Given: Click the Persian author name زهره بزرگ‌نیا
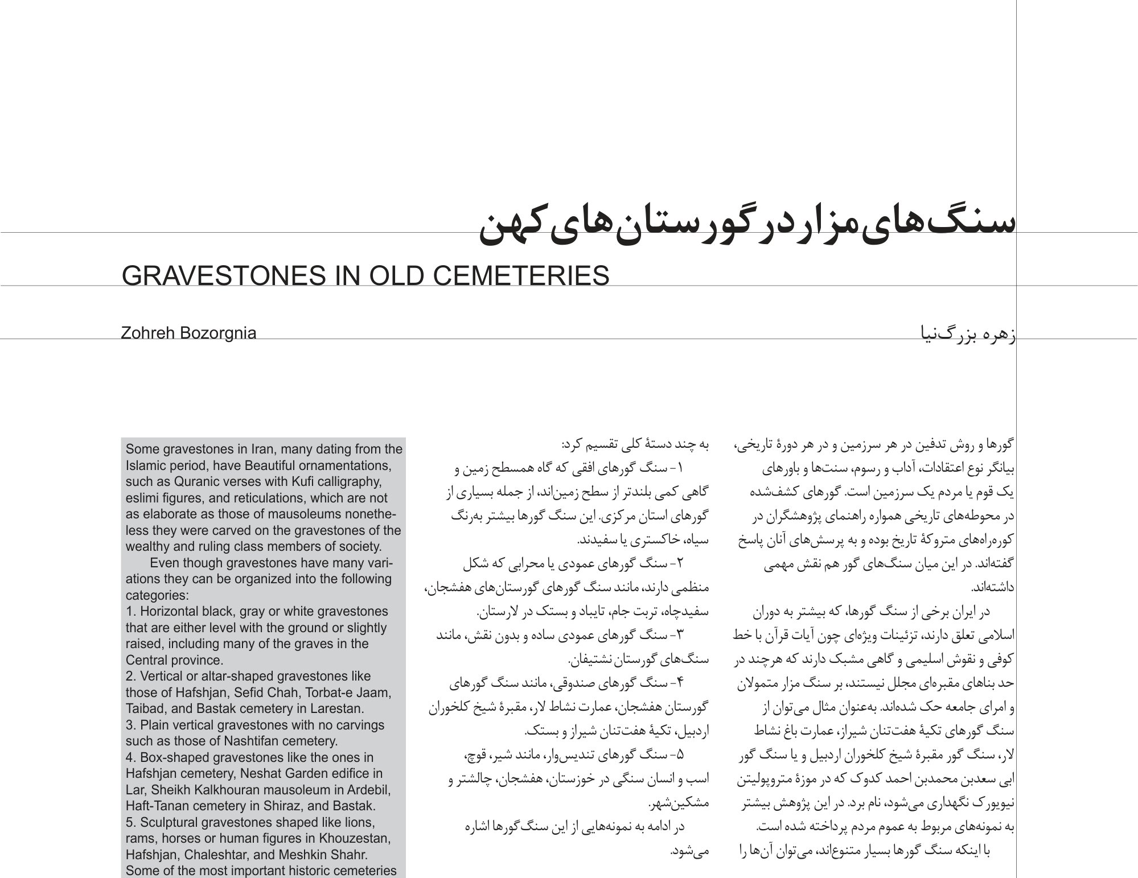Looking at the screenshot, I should [968, 333].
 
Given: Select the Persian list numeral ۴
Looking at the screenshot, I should [681, 681].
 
